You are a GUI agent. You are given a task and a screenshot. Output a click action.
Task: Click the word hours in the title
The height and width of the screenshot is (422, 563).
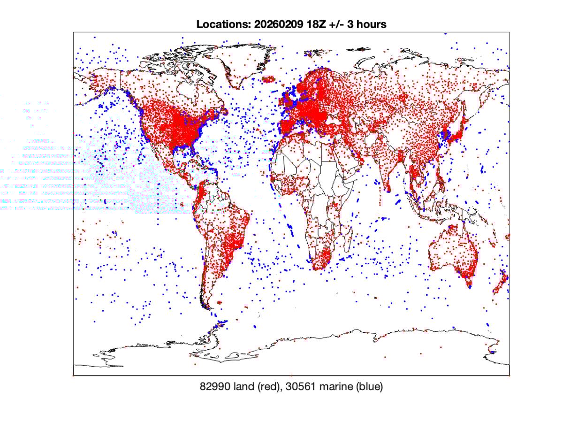point(371,24)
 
